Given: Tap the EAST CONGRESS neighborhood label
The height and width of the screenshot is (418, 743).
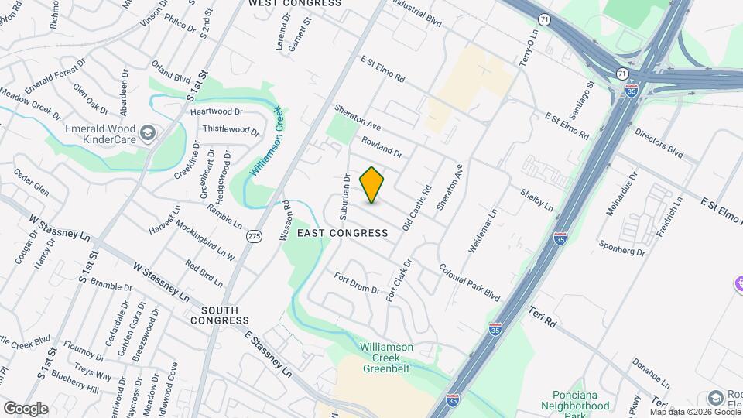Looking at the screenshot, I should click(342, 233).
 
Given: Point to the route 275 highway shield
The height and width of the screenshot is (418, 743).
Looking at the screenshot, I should click(254, 235).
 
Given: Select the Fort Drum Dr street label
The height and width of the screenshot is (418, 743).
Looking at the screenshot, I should click(357, 284).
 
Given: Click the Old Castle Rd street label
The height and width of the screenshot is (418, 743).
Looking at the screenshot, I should click(416, 207).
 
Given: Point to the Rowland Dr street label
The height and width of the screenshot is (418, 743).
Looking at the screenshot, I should click(382, 146).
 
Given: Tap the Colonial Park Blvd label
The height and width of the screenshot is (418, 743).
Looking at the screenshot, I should click(470, 283).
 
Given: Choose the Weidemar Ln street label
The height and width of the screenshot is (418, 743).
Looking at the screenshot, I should click(481, 231).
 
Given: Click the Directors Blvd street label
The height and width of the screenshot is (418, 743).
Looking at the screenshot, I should click(659, 144).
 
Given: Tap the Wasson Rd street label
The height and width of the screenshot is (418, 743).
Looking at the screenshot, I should click(286, 221).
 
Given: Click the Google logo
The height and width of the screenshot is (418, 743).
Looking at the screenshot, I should click(26, 408).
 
